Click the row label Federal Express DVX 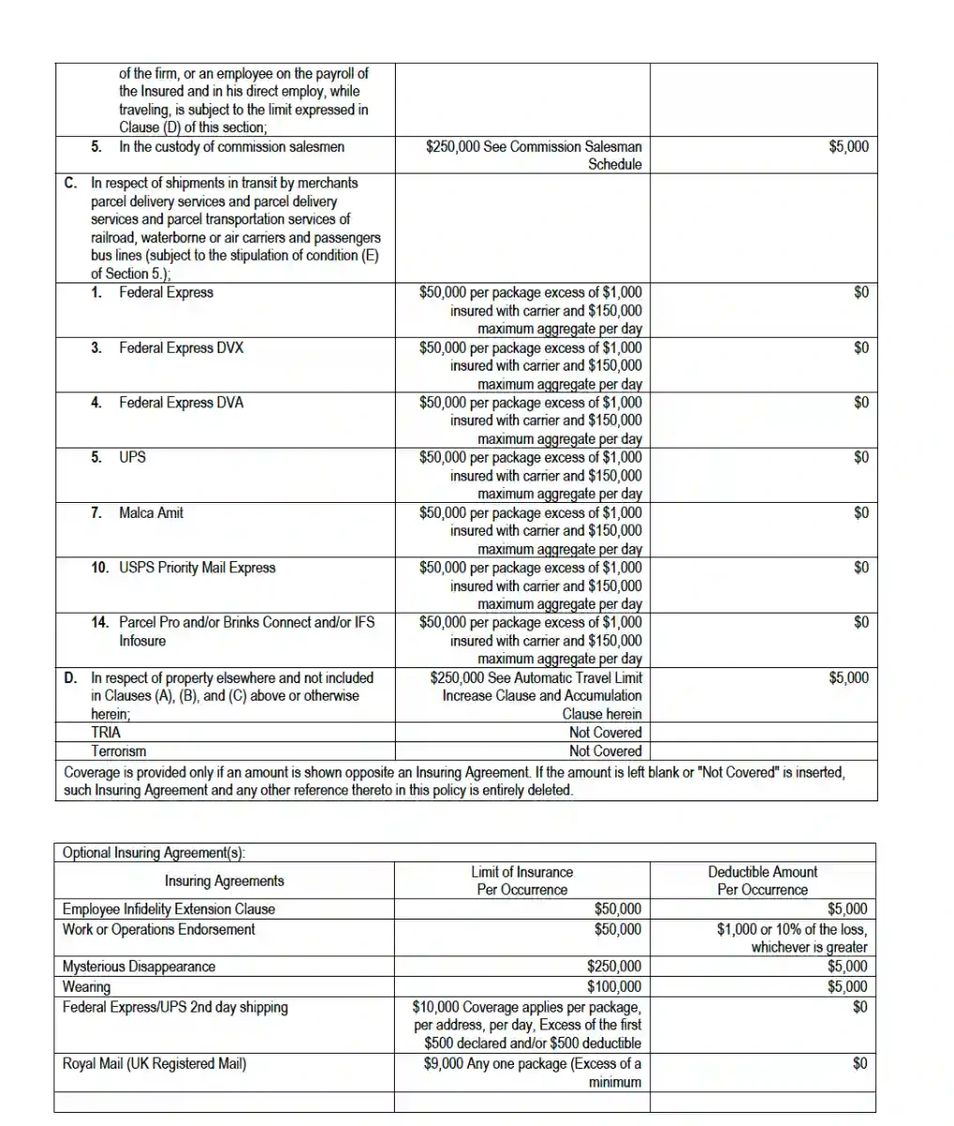180,347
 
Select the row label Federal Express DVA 180,403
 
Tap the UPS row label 132,457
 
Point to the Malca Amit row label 151,512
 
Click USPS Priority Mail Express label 197,568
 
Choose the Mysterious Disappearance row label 139,966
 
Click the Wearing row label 86,986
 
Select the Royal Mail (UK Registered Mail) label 154,1064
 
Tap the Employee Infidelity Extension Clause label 169,908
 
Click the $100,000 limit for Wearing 614,986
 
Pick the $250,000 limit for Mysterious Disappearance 614,966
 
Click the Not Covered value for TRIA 605,732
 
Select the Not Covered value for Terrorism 605,751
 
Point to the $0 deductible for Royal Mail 860,1064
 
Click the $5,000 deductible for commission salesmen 849,146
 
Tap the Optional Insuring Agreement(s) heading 154,853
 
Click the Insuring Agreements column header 224,880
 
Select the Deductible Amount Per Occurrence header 762,880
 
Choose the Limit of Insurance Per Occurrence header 522,880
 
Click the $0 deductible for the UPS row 860,457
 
